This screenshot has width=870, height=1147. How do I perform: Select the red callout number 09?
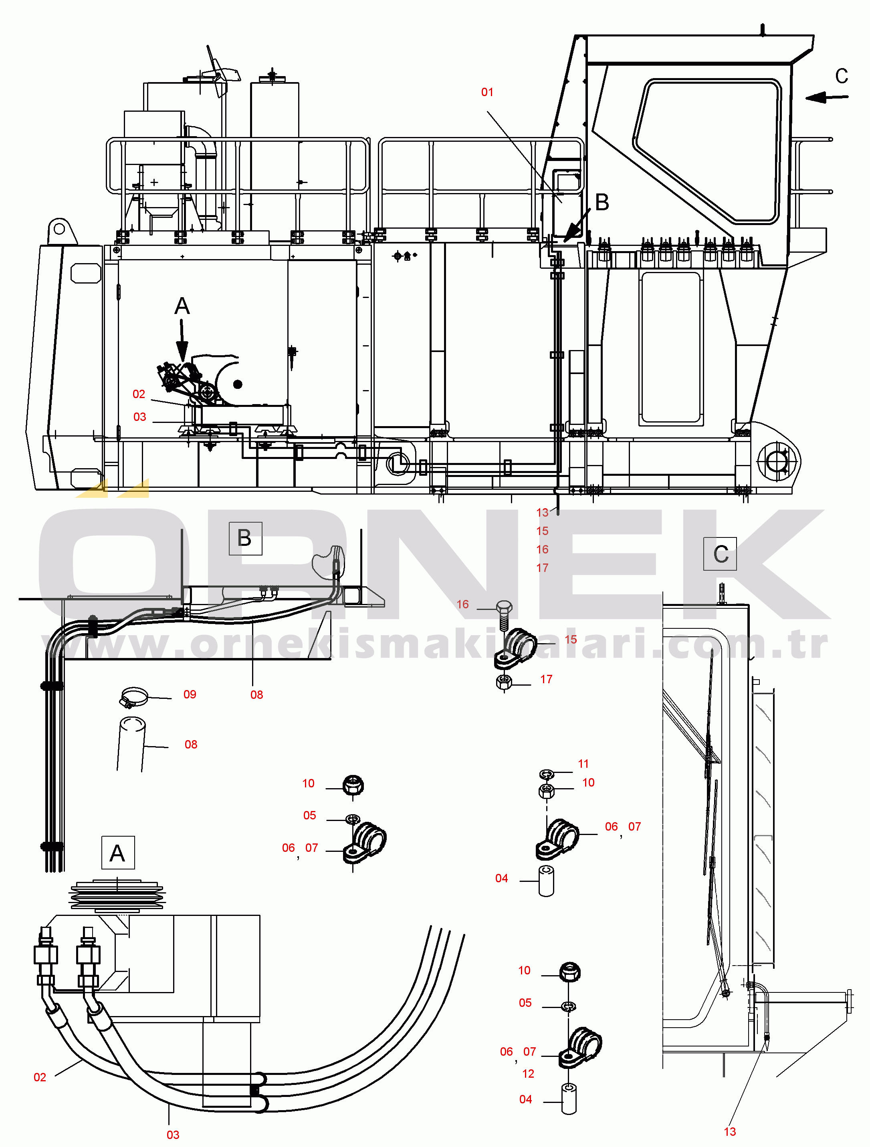(x=190, y=695)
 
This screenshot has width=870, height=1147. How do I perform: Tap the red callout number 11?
(x=583, y=764)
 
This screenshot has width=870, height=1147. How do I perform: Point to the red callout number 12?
(x=528, y=1074)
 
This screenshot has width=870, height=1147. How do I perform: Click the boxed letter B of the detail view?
(x=245, y=539)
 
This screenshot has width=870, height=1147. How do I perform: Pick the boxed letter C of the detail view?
(x=720, y=554)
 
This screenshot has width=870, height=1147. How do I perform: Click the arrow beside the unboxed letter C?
(x=827, y=97)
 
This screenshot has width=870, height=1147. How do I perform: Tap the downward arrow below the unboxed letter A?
(x=182, y=340)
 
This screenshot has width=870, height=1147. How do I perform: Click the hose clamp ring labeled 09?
(x=134, y=697)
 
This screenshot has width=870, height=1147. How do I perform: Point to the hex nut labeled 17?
(x=504, y=682)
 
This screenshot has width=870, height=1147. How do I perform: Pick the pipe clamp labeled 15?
(x=515, y=648)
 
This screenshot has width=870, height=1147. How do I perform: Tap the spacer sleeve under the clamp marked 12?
(x=569, y=1099)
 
